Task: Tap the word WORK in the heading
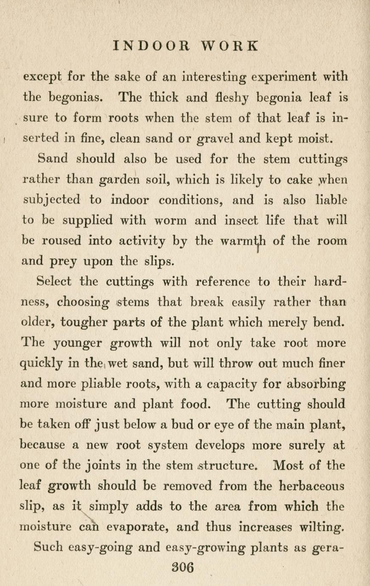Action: pyautogui.click(x=230, y=45)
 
